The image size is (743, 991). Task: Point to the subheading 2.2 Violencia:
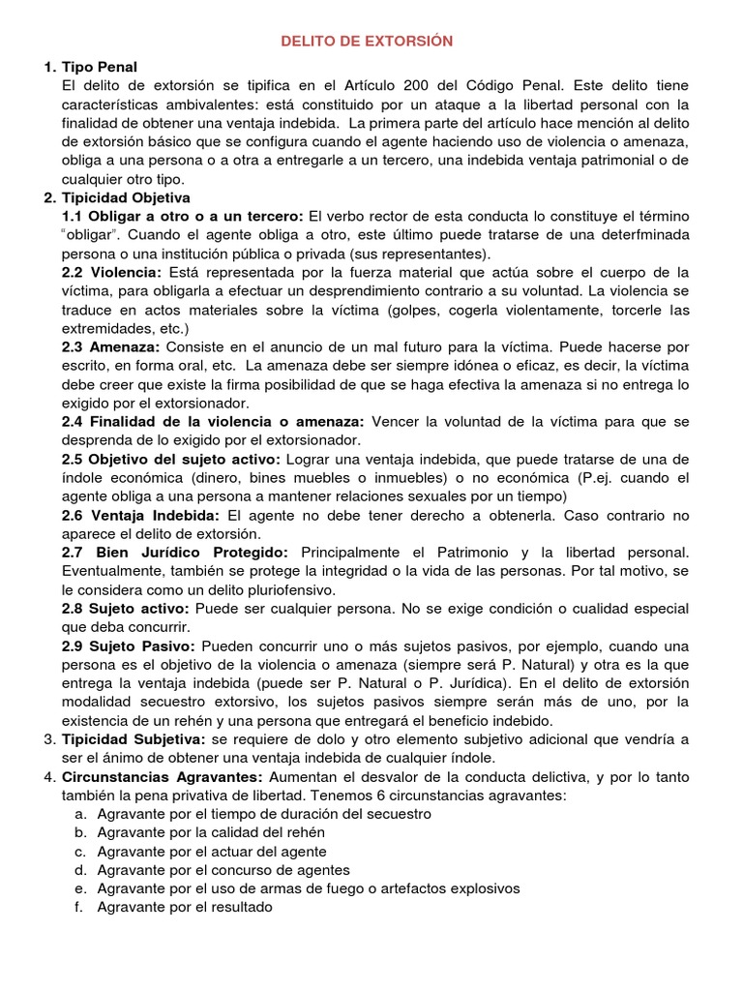(x=112, y=272)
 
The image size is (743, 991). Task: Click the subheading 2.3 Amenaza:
(x=112, y=346)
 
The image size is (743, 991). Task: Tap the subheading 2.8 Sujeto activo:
(x=126, y=609)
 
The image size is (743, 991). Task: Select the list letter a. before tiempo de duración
(x=80, y=814)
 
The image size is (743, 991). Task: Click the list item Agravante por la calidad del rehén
(x=211, y=832)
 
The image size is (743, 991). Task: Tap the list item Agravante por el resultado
(x=185, y=907)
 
